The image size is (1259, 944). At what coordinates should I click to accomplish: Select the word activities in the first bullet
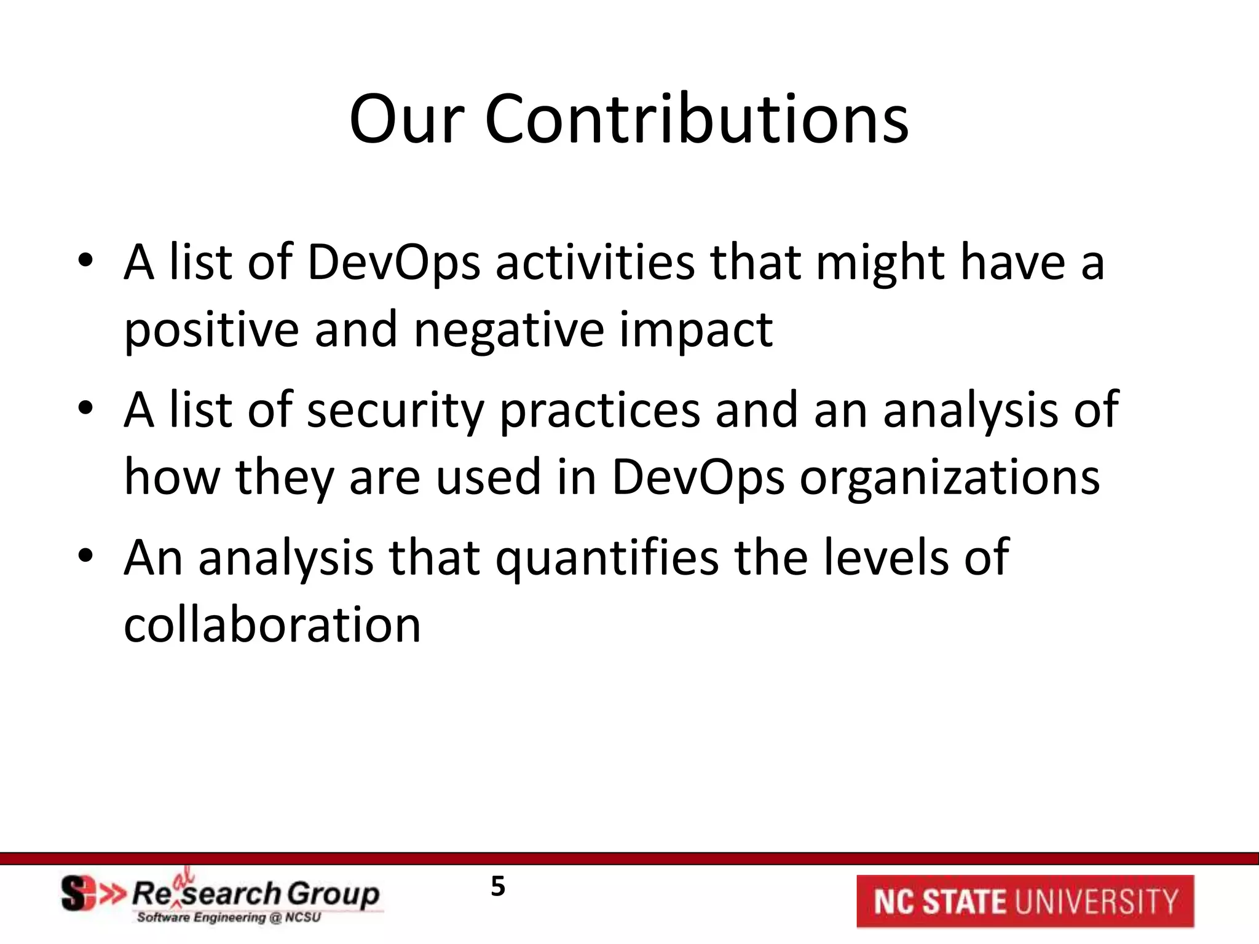(x=594, y=262)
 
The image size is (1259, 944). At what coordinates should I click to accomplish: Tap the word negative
(x=509, y=330)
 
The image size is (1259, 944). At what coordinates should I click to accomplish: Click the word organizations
(x=950, y=479)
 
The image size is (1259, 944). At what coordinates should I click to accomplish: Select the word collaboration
(x=272, y=625)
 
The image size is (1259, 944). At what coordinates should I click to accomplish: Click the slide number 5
(x=498, y=887)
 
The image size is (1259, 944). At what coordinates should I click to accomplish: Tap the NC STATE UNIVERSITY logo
(x=1025, y=902)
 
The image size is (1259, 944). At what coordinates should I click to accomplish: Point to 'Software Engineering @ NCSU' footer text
(x=229, y=918)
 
